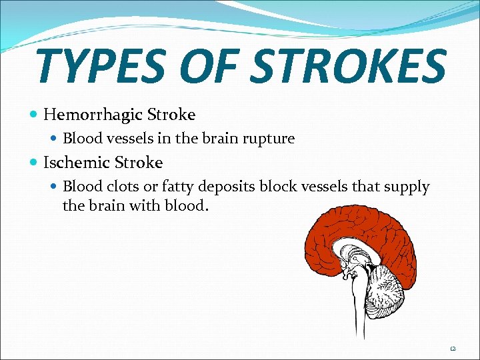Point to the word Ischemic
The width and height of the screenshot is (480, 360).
[78, 163]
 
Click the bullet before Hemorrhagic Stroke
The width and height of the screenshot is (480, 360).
[34, 115]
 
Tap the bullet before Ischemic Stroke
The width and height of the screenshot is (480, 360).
[34, 163]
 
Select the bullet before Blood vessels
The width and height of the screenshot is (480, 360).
[55, 139]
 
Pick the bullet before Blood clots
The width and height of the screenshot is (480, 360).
[55, 187]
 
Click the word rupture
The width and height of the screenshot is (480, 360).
[269, 139]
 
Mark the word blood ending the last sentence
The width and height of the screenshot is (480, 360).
[189, 205]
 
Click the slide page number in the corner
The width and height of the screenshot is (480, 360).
[453, 348]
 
